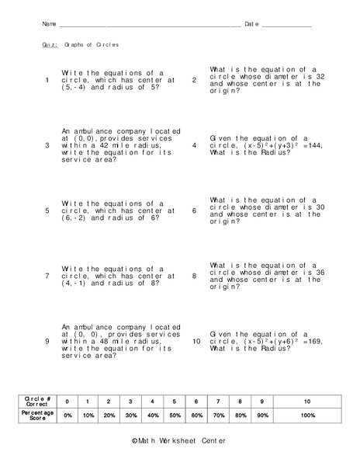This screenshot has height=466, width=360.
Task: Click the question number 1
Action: (x=48, y=80)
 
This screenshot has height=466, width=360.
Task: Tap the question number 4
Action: (x=194, y=144)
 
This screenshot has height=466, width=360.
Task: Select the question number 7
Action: (x=48, y=276)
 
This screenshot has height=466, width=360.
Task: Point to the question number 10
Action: (x=196, y=341)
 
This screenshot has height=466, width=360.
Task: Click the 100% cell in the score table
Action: (x=306, y=416)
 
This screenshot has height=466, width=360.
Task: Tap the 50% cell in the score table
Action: (x=176, y=416)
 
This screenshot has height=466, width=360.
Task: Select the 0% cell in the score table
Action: (x=68, y=416)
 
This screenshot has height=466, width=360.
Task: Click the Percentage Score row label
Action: (x=37, y=416)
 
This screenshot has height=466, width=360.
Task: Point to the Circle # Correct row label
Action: (x=37, y=401)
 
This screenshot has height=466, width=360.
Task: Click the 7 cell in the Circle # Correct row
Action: (x=220, y=401)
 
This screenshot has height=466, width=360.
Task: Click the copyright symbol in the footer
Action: (x=135, y=440)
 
